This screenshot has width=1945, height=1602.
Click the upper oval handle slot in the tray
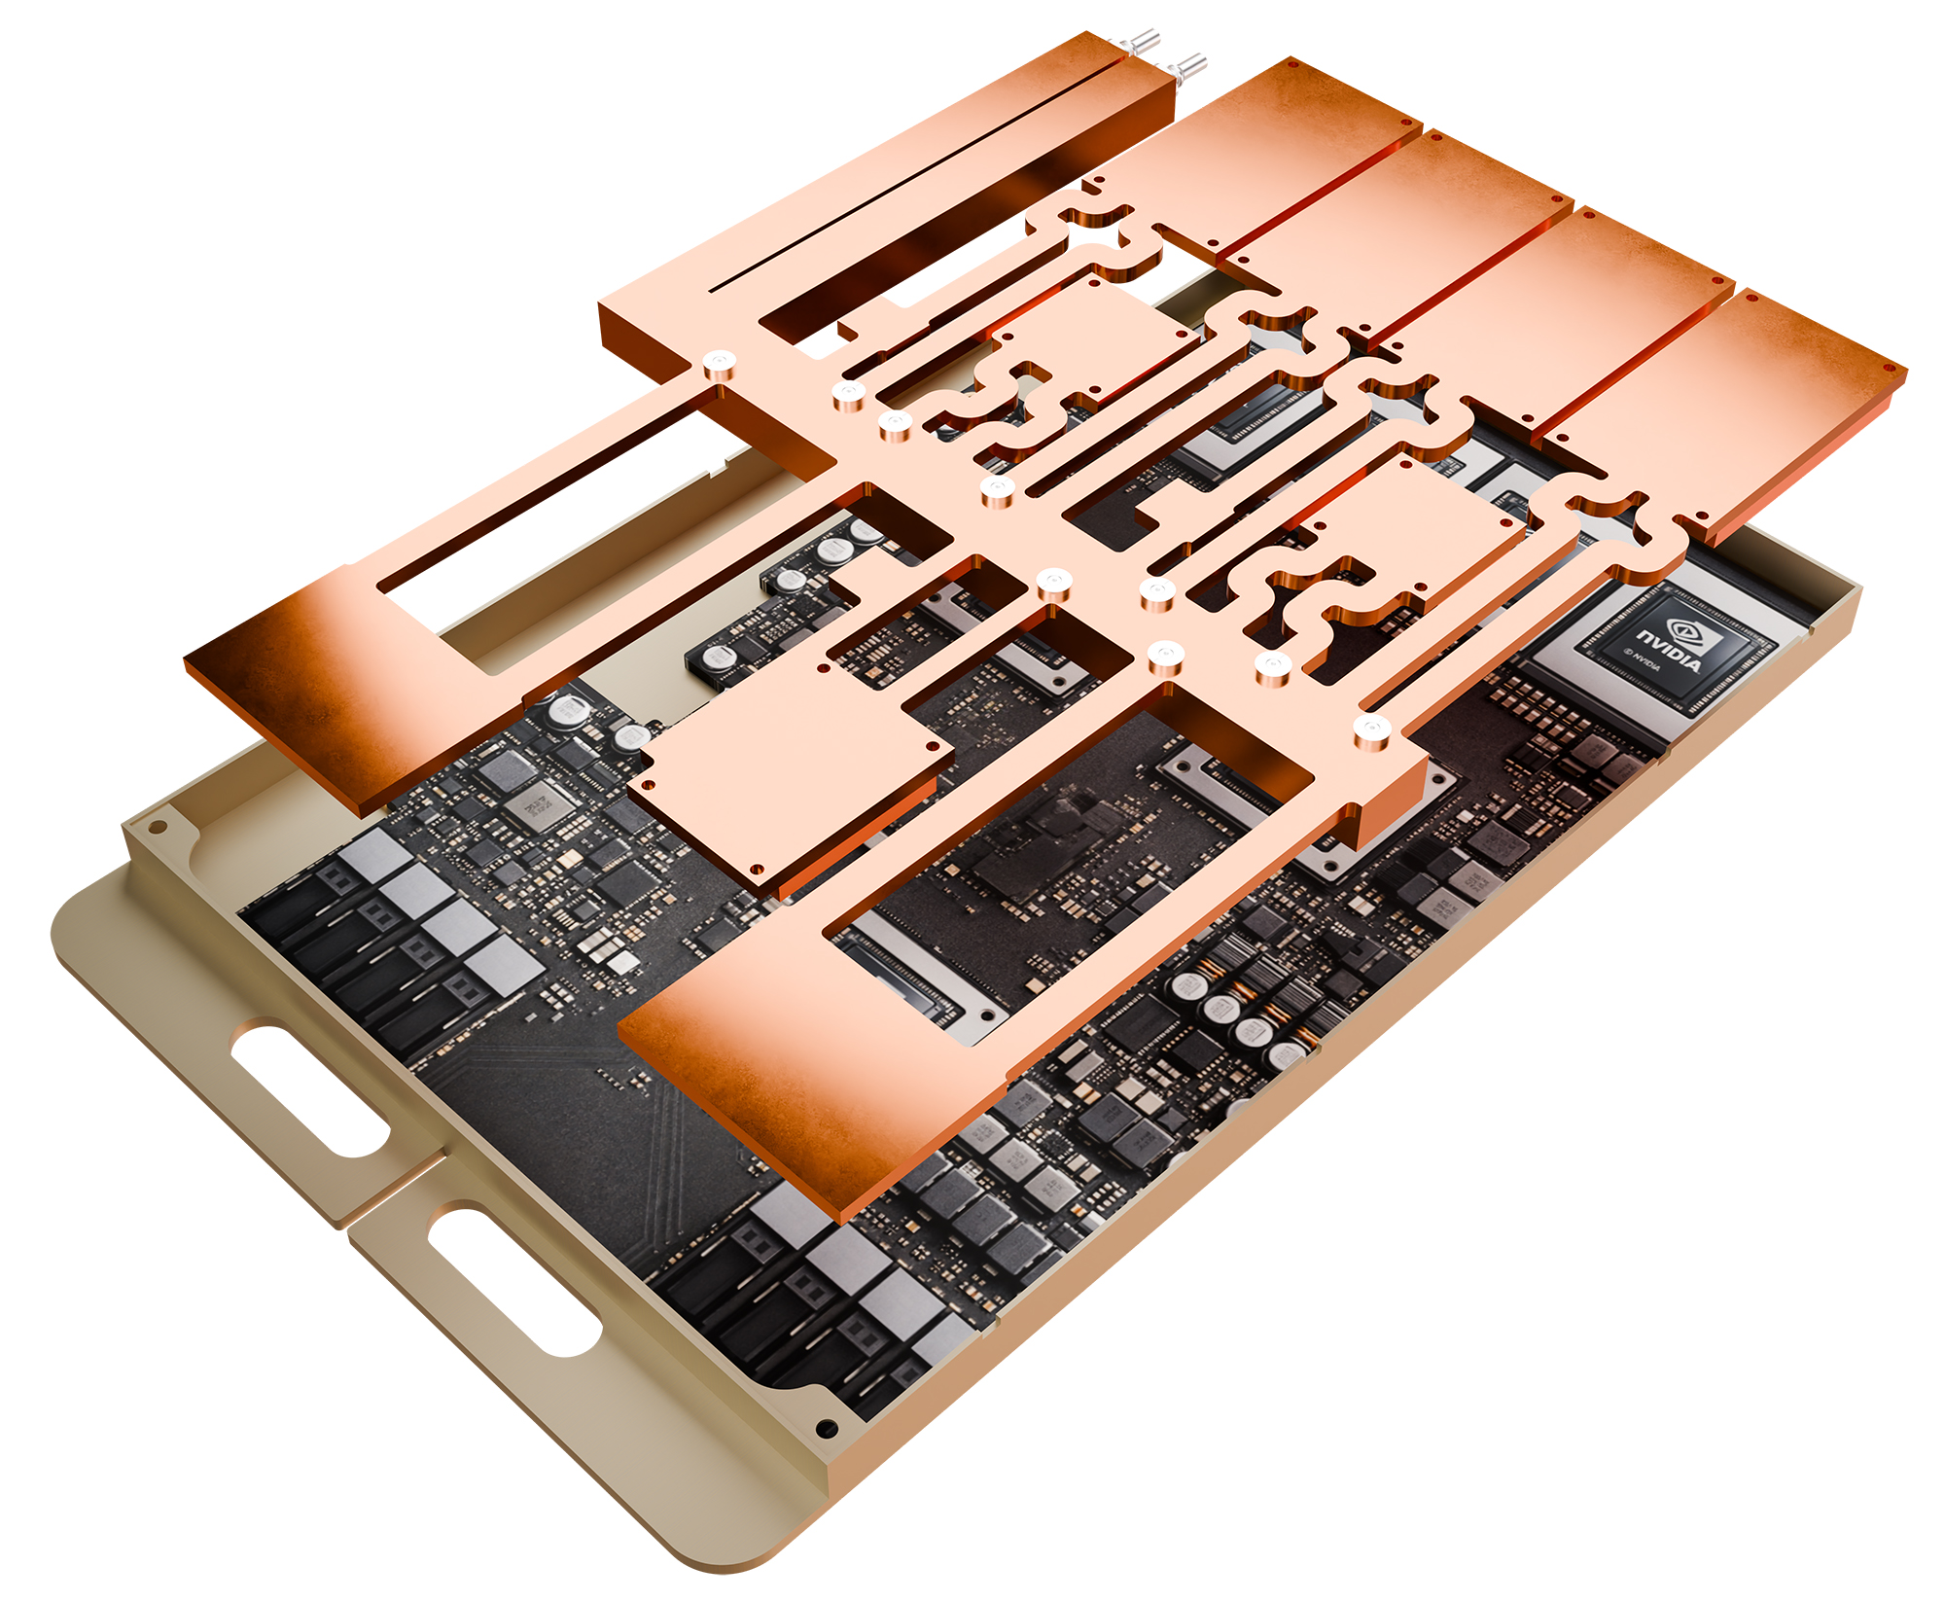pyautogui.click(x=309, y=1086)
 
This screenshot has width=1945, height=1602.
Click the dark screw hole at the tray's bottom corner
pyautogui.click(x=827, y=1428)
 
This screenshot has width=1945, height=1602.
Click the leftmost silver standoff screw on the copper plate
pyautogui.click(x=718, y=364)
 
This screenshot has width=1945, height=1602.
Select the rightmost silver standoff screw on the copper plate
pyautogui.click(x=1371, y=727)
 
